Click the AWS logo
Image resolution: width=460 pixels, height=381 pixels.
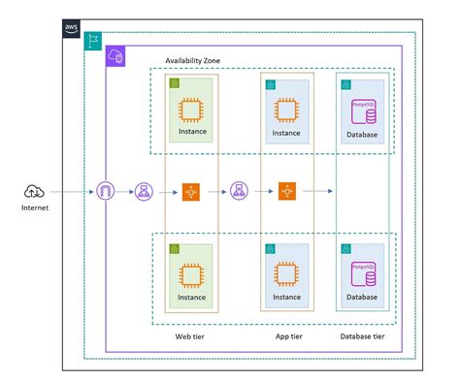pos(72,28)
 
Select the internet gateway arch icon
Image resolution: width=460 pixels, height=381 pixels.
pos(105,192)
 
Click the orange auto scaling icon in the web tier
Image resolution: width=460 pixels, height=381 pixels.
pos(190,192)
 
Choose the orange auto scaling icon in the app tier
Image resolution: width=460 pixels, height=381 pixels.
pos(286,192)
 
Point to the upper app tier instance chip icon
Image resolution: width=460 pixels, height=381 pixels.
pos(286,110)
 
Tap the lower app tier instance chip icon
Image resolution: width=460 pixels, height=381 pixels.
pos(286,275)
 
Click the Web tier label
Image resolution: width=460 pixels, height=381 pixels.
pos(190,336)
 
